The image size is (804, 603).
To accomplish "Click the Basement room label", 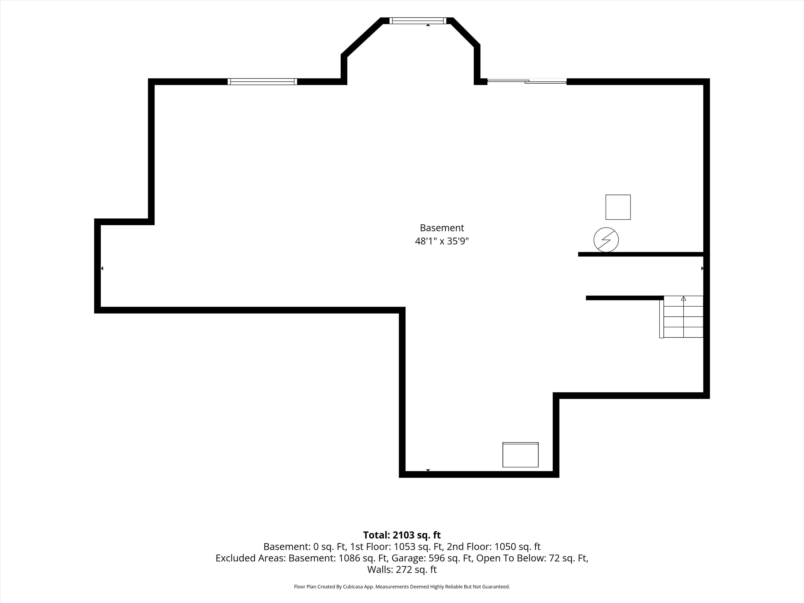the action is coord(442,228).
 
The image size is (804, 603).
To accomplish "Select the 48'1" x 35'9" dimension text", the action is coord(442,241).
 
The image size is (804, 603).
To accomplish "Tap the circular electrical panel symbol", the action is coord(606,240).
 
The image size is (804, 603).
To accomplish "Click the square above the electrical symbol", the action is coord(618,207).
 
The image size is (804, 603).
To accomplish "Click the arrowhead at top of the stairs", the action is coord(683,298).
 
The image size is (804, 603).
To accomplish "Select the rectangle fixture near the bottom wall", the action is coord(520,455).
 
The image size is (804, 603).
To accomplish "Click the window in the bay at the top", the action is coord(418,21).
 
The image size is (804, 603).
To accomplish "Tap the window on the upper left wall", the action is coord(262,81).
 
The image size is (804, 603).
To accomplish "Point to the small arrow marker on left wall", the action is coord(102,268).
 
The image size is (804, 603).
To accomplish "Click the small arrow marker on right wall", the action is coord(702,268).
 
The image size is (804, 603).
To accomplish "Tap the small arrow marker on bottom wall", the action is coord(428,470).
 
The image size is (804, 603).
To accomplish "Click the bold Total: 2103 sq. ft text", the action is coord(402,535).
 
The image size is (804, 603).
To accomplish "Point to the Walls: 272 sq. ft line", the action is coord(402,569).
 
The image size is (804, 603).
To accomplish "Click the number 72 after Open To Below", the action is coord(554,558).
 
